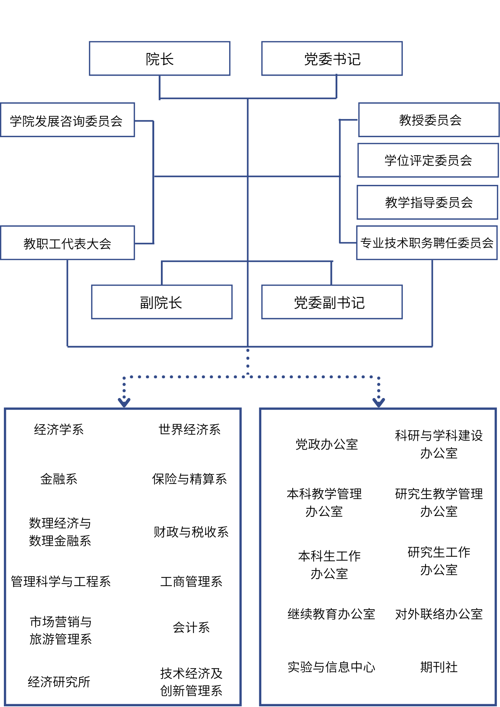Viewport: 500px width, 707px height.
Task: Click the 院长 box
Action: click(159, 59)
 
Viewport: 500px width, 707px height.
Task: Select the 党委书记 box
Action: click(332, 59)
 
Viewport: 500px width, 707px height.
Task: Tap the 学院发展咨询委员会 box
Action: click(67, 120)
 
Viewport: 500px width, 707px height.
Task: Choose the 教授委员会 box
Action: click(429, 120)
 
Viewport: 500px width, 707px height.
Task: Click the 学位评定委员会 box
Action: click(428, 160)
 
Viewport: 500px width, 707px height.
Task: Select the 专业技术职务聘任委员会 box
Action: click(427, 243)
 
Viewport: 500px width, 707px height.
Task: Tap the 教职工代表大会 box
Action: click(67, 243)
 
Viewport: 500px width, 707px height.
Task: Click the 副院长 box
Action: click(162, 302)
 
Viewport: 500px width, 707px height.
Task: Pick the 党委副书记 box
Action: click(332, 302)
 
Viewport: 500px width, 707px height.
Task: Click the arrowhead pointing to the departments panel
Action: click(124, 402)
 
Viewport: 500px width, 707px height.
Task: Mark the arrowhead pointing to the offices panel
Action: click(379, 402)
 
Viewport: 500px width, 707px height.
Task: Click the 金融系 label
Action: click(59, 479)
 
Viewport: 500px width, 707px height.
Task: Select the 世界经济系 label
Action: click(190, 430)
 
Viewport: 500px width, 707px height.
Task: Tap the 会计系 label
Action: click(191, 627)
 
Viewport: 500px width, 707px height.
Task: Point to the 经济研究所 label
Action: click(59, 682)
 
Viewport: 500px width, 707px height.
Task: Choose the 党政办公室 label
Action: click(327, 444)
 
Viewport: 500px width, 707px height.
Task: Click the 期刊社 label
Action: click(439, 667)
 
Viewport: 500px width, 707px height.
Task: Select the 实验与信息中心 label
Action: click(331, 667)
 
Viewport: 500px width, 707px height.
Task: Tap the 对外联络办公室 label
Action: click(439, 614)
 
